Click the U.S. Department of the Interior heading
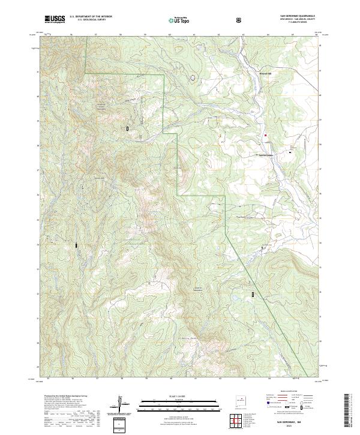tap(91, 17)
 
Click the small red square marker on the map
tap(264, 135)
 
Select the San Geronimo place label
tap(265, 156)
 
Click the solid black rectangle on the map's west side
tap(76, 245)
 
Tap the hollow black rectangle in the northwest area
tap(127, 128)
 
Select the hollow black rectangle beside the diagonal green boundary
tap(253, 294)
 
